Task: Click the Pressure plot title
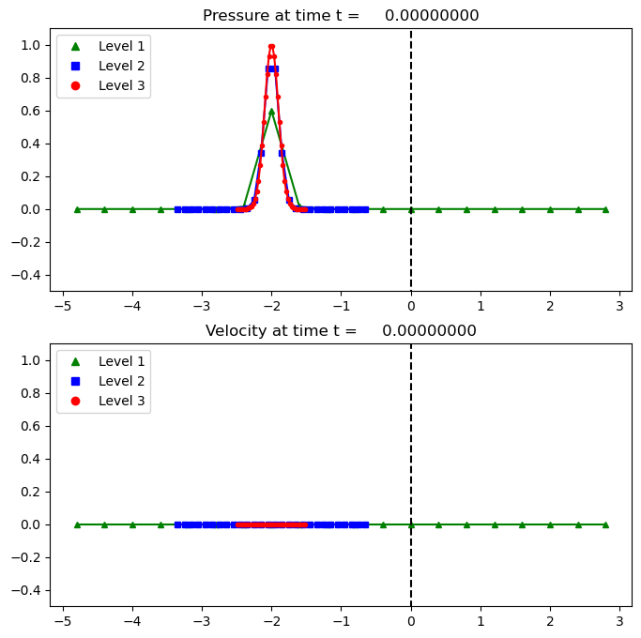pyautogui.click(x=341, y=16)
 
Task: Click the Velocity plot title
pyautogui.click(x=341, y=331)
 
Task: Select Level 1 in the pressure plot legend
pyautogui.click(x=117, y=45)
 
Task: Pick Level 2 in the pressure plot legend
pyautogui.click(x=117, y=66)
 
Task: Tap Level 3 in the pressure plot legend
pyautogui.click(x=117, y=85)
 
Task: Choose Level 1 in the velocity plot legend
pyautogui.click(x=117, y=360)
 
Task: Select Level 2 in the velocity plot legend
pyautogui.click(x=117, y=381)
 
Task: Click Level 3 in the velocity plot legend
pyautogui.click(x=117, y=401)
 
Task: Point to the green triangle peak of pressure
pyautogui.click(x=271, y=111)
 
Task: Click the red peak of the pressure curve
pyautogui.click(x=271, y=46)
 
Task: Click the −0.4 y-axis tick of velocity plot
pyautogui.click(x=30, y=590)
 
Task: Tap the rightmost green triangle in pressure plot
pyautogui.click(x=605, y=209)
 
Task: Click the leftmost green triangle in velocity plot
pyautogui.click(x=77, y=524)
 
